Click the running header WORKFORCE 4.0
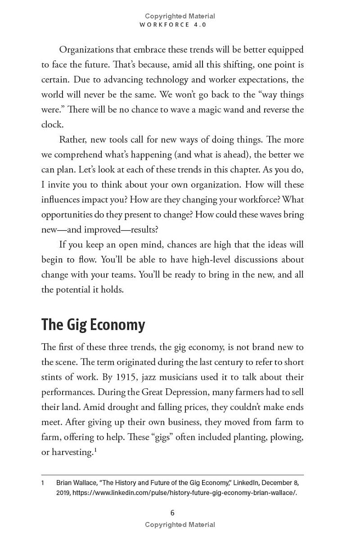[x=173, y=25]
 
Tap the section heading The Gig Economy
[x=93, y=324]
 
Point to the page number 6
[x=172, y=513]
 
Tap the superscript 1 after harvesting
[x=96, y=449]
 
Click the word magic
[x=237, y=109]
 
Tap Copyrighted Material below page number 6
[x=180, y=525]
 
